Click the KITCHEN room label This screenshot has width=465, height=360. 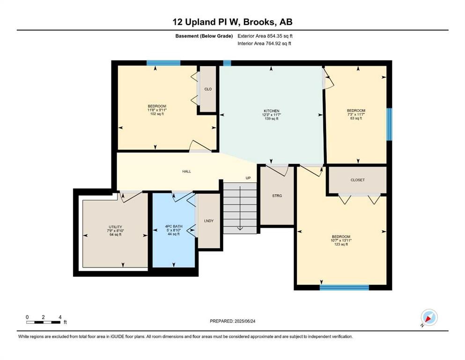(x=272, y=111)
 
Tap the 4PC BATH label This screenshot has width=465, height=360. (x=174, y=226)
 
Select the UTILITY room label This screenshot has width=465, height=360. (x=115, y=227)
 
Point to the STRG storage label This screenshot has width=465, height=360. (x=277, y=196)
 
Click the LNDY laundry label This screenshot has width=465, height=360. (x=209, y=221)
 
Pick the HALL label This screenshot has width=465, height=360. (x=186, y=171)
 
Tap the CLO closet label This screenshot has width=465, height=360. (x=208, y=89)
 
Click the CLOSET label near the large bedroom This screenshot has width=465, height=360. (x=358, y=180)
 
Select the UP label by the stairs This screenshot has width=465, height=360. (x=248, y=178)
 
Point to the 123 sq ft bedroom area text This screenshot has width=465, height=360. (x=341, y=244)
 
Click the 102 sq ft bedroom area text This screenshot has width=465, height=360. (x=157, y=113)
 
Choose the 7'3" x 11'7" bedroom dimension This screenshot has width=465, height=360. (x=356, y=114)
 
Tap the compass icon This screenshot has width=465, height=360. (x=429, y=317)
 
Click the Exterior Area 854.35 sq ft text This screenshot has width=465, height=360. (x=265, y=36)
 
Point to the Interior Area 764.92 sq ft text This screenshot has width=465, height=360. (x=264, y=43)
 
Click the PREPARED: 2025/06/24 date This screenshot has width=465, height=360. (x=232, y=321)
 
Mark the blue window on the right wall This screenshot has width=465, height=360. (x=389, y=124)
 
